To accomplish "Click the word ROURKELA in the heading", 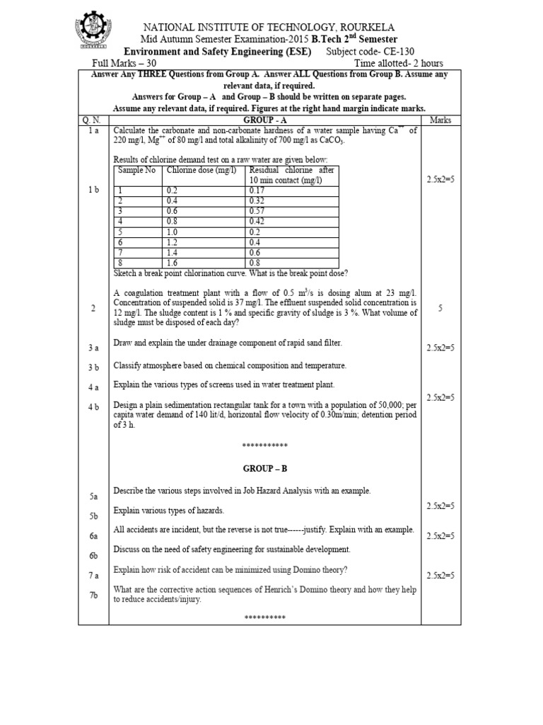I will (x=375, y=25).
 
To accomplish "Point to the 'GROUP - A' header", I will (x=264, y=120).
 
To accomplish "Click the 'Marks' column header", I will (x=440, y=120).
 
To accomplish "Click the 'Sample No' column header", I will (x=136, y=171).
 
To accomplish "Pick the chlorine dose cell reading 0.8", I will (x=173, y=221).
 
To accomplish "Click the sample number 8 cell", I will (x=120, y=261).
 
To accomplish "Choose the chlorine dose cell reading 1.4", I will (x=173, y=251).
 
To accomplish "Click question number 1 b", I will (x=93, y=190).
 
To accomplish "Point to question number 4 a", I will (x=93, y=387).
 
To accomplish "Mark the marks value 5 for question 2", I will (x=440, y=308).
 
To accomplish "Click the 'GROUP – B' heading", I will (x=264, y=469).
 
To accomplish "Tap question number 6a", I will (x=93, y=537).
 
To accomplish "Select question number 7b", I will (x=93, y=595).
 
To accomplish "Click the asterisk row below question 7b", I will (x=264, y=618).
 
